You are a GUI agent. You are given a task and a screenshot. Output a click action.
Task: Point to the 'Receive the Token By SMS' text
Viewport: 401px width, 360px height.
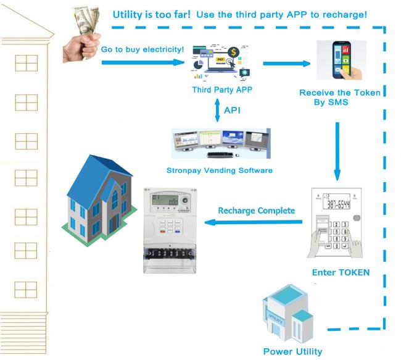point(339,98)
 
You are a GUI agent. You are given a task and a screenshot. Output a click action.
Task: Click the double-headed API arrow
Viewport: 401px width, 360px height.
point(215,111)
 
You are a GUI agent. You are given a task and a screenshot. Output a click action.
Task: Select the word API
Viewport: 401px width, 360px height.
point(233,111)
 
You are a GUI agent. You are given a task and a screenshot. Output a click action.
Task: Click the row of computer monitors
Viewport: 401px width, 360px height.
point(220,143)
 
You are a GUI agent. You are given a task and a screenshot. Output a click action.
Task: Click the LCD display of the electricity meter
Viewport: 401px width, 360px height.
point(166,200)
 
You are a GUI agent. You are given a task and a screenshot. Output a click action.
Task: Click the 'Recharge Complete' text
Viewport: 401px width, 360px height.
point(257,211)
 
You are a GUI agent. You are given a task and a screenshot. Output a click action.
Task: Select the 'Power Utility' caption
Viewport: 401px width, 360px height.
point(292,351)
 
